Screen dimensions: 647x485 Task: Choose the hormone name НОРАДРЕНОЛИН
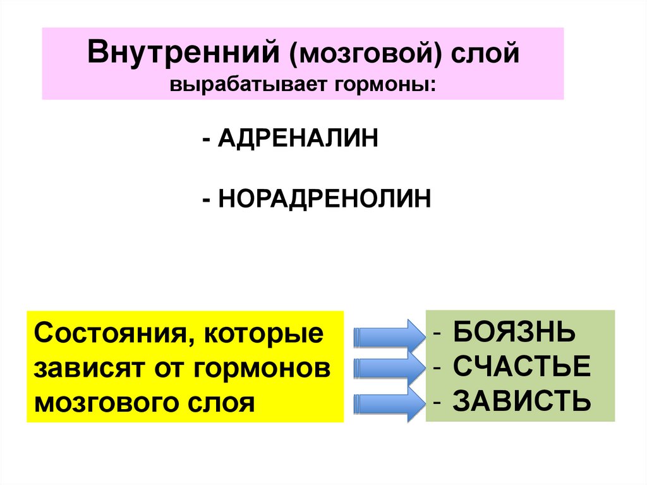coord(325,199)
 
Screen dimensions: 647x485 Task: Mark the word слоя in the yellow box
coord(224,402)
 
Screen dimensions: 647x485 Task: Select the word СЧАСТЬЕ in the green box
coord(521,367)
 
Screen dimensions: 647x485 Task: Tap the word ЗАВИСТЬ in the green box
coord(522,401)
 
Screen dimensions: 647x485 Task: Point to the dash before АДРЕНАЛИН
coord(207,138)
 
